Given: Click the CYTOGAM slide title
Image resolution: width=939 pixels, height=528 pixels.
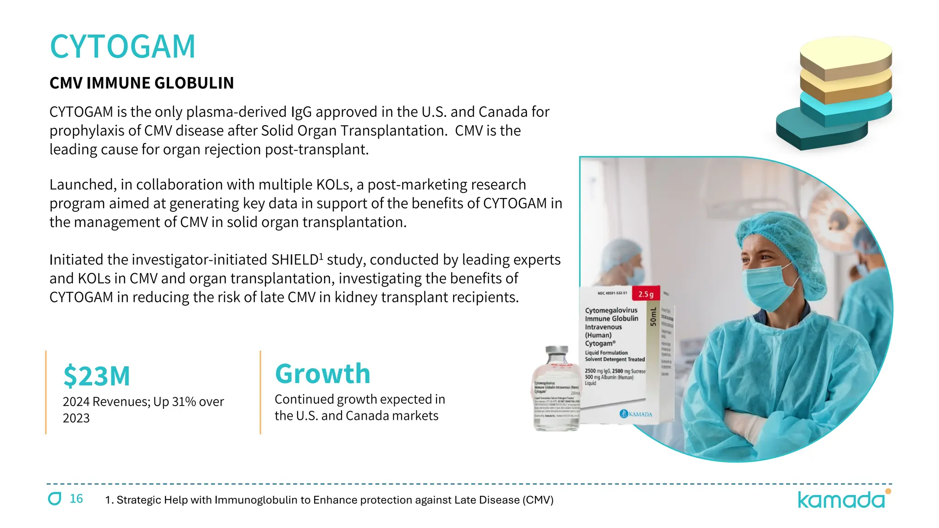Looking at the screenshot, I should [x=122, y=47].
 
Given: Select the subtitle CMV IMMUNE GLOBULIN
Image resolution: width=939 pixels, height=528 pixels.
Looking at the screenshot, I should [x=142, y=83].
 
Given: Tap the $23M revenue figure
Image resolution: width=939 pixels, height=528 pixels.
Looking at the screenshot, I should [x=97, y=376].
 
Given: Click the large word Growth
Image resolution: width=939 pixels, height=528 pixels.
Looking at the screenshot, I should [x=322, y=374].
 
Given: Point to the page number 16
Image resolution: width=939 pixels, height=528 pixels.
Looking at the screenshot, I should [x=76, y=499].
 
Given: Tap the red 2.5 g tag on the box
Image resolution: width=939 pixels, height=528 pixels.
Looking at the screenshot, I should [x=646, y=294].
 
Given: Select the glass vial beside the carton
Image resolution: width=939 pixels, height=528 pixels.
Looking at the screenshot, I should [x=557, y=390].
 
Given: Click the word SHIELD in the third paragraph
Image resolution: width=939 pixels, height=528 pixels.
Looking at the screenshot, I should [x=295, y=260].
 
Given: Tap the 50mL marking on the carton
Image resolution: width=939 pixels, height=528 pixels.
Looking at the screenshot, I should [x=653, y=317].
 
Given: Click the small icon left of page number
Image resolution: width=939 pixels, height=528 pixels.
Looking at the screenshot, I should [x=55, y=499].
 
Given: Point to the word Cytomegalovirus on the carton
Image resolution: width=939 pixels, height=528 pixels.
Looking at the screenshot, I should [x=611, y=310].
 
